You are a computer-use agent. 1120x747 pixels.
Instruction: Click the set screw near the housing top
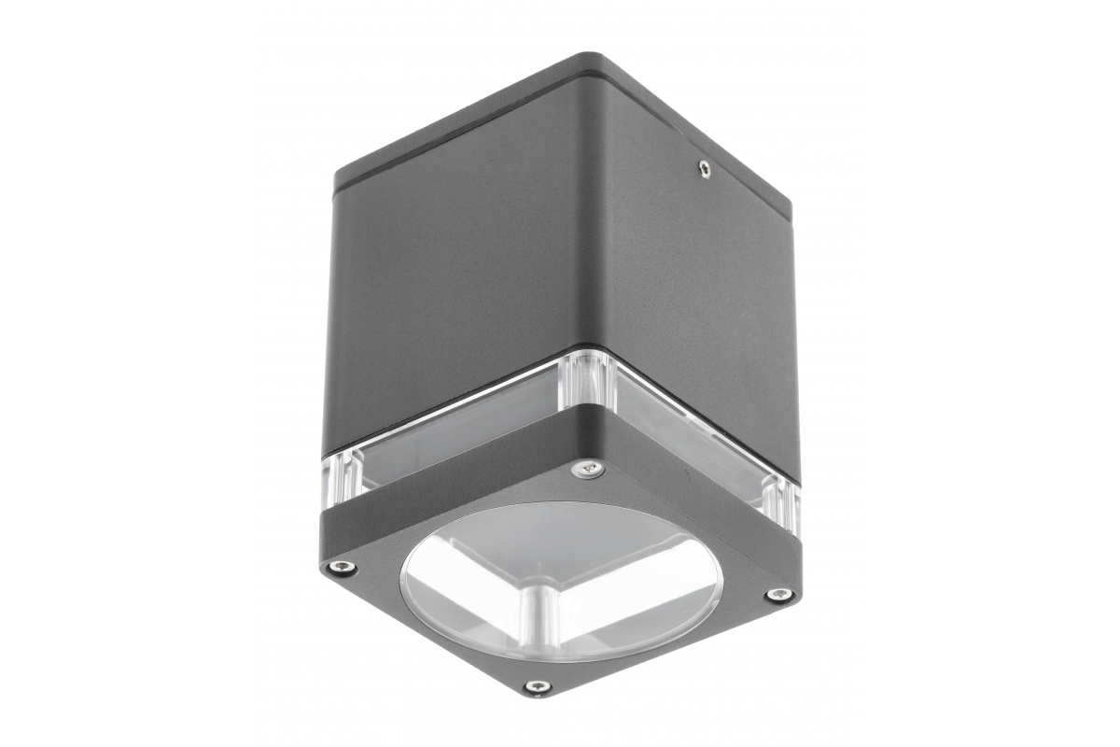point(703,169)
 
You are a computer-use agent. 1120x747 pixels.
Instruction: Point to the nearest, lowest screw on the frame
point(537,687)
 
